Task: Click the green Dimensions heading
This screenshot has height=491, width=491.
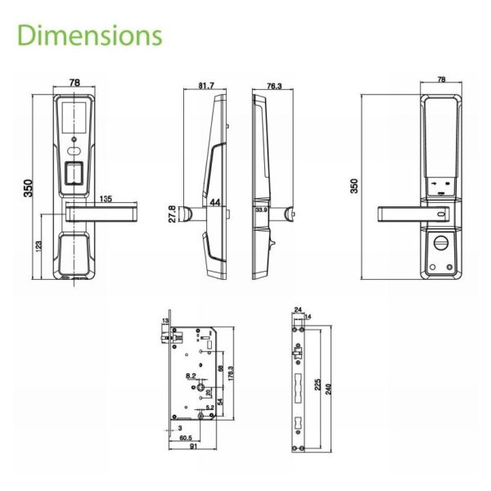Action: point(89,36)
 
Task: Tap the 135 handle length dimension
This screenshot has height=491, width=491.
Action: point(106,198)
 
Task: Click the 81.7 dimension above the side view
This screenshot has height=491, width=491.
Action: point(206,85)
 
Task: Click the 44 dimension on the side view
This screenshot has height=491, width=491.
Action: point(215,202)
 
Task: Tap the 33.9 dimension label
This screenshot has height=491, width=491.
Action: point(261,209)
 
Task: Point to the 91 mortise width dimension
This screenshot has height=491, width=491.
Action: point(191,448)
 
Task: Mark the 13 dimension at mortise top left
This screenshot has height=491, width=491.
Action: point(164,320)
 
